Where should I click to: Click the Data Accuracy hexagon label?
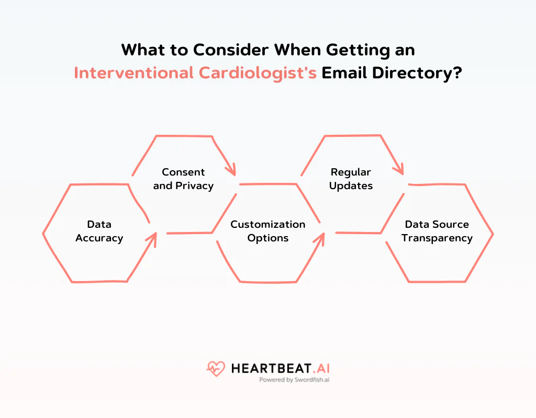click(x=99, y=231)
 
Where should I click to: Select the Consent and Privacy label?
click(x=183, y=179)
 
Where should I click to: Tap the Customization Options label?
click(x=268, y=231)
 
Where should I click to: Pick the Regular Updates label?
click(x=351, y=179)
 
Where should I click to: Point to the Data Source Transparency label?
click(x=437, y=231)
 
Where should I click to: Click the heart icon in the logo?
click(x=216, y=369)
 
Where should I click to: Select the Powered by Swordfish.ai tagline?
click(x=294, y=380)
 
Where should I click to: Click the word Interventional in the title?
click(x=133, y=73)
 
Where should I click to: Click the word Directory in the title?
click(x=413, y=73)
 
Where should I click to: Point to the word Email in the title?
click(x=343, y=73)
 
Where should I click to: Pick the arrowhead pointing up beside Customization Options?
click(x=320, y=238)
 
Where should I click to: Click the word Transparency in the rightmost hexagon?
click(x=437, y=238)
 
